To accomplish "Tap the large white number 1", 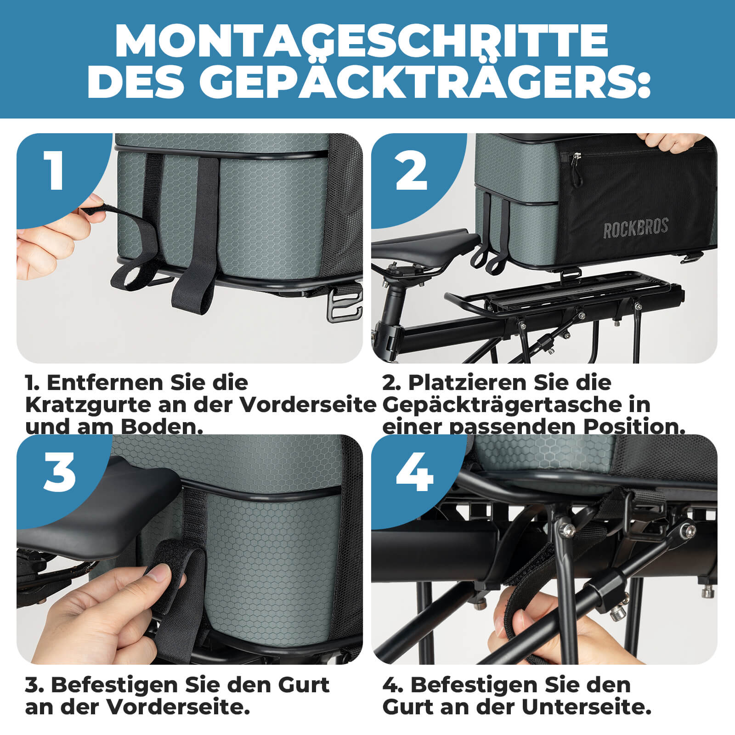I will pyautogui.click(x=54, y=170).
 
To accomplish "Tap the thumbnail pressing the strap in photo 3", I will pyautogui.click(x=158, y=573).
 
